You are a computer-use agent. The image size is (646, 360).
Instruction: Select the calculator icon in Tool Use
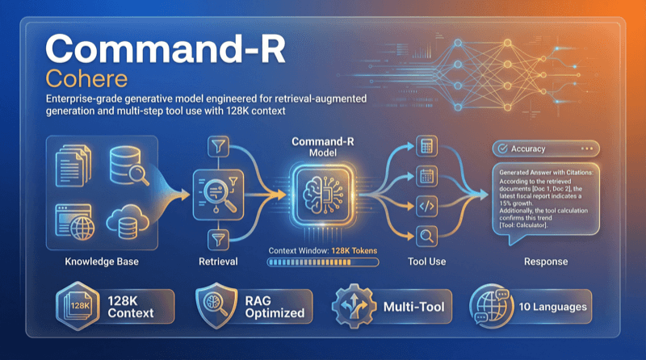[427, 148]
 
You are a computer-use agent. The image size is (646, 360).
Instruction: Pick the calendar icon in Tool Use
[427, 175]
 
